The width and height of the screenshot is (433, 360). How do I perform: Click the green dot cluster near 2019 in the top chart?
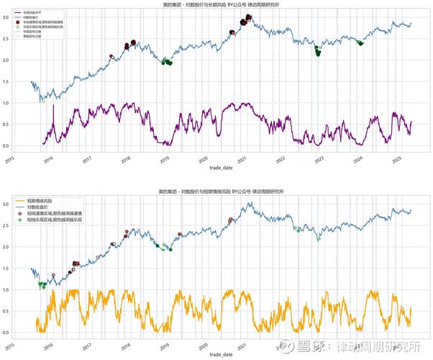point(167,61)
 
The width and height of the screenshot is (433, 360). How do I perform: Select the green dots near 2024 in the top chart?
point(360,43)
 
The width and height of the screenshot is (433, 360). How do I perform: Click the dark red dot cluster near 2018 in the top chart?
point(131,45)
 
